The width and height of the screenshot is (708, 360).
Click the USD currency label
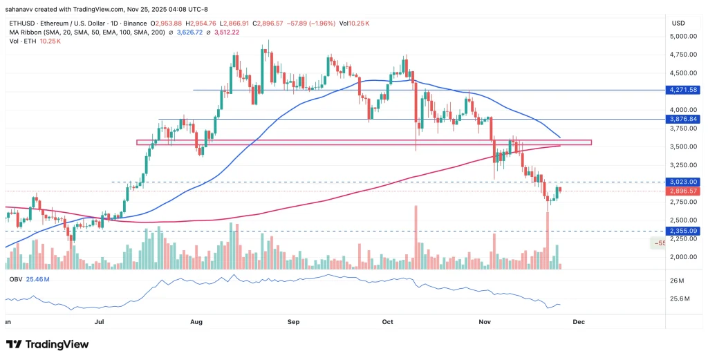(x=678, y=23)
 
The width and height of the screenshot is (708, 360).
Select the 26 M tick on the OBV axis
(x=677, y=281)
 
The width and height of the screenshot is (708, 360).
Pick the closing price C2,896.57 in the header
(x=274, y=23)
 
